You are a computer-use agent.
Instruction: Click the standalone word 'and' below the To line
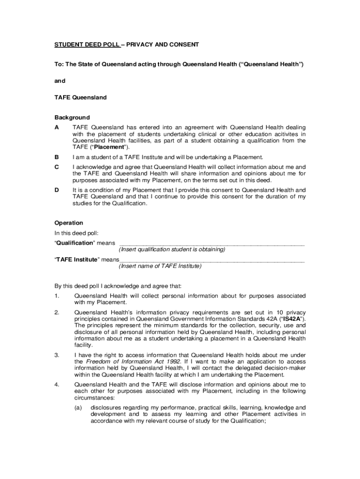click(x=60, y=80)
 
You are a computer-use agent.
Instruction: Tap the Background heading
click(x=72, y=117)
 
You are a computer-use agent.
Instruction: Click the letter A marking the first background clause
click(x=57, y=127)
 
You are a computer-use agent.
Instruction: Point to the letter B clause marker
click(x=57, y=157)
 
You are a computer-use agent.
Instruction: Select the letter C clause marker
click(x=57, y=167)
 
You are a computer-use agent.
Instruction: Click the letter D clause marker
click(x=57, y=190)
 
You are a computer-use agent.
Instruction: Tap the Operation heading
click(x=69, y=223)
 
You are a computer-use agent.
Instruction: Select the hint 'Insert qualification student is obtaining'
click(x=172, y=250)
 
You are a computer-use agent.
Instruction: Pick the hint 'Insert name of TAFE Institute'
click(x=160, y=266)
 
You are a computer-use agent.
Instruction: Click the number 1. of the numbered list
click(x=57, y=296)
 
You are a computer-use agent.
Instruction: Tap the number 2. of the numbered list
click(x=57, y=312)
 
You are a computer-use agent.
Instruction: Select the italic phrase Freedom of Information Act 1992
click(x=127, y=362)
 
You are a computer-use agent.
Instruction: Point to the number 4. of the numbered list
click(x=57, y=385)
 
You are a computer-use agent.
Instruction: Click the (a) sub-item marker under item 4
click(x=79, y=407)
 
